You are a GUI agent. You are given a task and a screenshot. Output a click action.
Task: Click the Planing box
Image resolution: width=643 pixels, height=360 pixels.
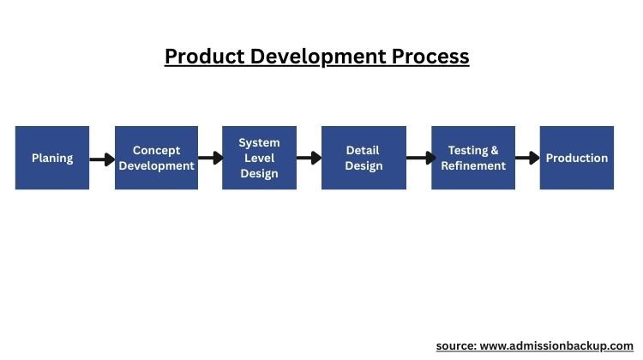tap(52, 158)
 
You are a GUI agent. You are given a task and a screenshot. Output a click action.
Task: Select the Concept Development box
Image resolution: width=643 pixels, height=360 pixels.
tap(156, 158)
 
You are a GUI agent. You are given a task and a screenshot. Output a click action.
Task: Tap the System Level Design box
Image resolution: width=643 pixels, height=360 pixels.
tap(259, 158)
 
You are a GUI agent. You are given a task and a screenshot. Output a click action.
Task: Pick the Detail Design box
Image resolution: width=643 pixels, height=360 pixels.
tap(364, 158)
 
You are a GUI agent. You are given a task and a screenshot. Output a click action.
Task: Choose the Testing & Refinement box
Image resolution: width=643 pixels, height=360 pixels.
tap(473, 158)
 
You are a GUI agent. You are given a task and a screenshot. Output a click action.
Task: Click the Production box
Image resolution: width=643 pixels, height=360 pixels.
tap(576, 158)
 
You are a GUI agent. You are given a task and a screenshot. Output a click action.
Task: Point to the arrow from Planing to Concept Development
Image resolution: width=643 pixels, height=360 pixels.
tap(102, 159)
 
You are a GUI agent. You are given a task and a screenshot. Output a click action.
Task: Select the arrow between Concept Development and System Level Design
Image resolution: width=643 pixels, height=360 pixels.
tap(210, 159)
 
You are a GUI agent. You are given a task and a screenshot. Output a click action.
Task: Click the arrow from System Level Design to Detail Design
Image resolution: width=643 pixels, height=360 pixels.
tap(309, 159)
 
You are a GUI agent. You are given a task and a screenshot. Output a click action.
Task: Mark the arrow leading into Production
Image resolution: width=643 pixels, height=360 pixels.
tap(527, 159)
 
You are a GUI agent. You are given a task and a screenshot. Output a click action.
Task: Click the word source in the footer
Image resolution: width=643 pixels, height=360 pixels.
tap(455, 345)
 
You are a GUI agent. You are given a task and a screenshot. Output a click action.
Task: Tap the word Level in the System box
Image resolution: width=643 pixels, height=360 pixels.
tap(259, 158)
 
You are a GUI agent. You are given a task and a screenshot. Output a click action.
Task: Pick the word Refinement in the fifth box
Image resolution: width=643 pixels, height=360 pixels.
tap(473, 165)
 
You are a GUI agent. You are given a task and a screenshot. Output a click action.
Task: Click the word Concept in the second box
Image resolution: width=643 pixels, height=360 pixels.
tap(156, 150)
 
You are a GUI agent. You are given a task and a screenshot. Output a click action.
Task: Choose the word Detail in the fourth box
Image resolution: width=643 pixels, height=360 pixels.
tap(364, 150)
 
